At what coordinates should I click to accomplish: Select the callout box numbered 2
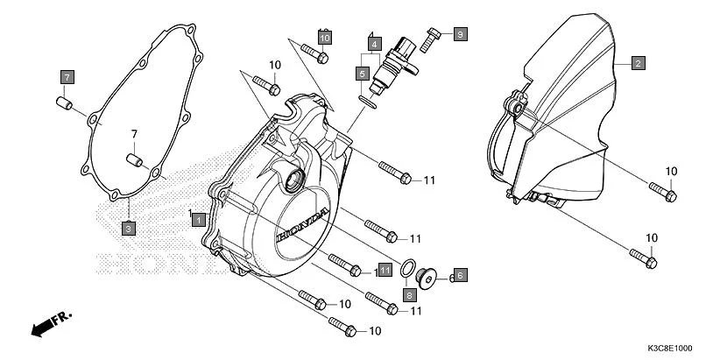(x=639, y=63)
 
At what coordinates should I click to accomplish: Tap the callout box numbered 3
(x=128, y=228)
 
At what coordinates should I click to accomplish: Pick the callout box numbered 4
(x=373, y=43)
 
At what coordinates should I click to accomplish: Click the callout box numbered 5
(x=361, y=74)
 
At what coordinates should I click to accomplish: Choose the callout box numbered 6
(x=460, y=275)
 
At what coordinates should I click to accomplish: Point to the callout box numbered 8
(x=408, y=295)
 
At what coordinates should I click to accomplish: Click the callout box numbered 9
(x=460, y=34)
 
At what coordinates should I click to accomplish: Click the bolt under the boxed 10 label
(x=321, y=56)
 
